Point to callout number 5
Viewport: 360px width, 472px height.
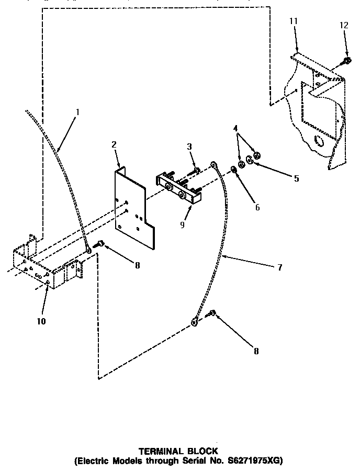[x=297, y=178]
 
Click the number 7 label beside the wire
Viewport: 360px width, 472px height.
[x=279, y=267]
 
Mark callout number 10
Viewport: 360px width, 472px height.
[x=41, y=321]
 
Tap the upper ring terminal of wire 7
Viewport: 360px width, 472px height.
[x=214, y=166]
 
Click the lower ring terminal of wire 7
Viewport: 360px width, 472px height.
[x=194, y=322]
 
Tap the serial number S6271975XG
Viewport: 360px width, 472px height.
[x=251, y=460]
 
